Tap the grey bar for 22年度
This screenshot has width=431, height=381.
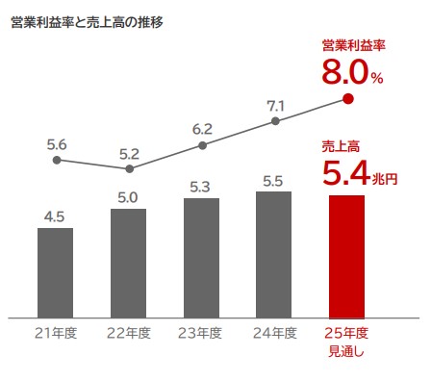click(x=128, y=263)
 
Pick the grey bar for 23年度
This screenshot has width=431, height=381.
click(x=201, y=258)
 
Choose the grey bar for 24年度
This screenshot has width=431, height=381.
click(x=274, y=254)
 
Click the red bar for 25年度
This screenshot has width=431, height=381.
click(x=346, y=256)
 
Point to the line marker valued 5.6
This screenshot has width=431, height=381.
click(x=56, y=161)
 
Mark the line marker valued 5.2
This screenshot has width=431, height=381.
click(x=129, y=170)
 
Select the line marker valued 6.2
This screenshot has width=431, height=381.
click(x=202, y=145)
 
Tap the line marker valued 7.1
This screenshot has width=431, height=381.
click(x=275, y=121)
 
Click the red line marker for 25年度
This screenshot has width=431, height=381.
click(x=347, y=98)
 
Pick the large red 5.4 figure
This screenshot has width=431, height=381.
click(x=344, y=174)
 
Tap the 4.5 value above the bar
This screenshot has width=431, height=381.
click(x=55, y=216)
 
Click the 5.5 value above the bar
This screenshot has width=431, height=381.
click(x=274, y=179)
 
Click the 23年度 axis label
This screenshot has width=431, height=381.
click(x=200, y=334)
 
